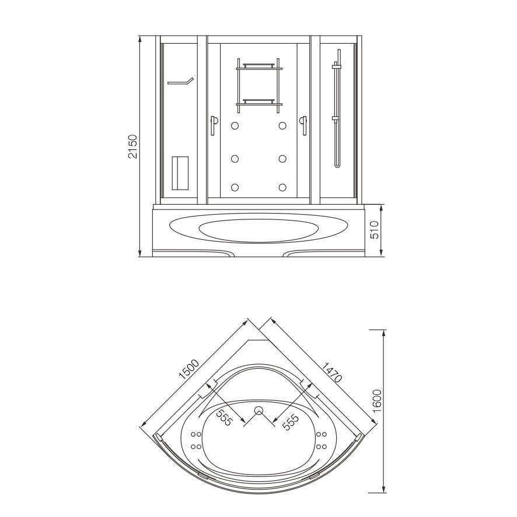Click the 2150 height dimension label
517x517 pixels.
pyautogui.click(x=132, y=146)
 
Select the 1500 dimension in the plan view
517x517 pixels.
pyautogui.click(x=189, y=369)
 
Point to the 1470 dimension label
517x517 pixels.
pyautogui.click(x=331, y=372)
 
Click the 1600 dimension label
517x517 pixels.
pyautogui.click(x=376, y=401)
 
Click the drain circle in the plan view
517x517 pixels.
pyautogui.click(x=258, y=410)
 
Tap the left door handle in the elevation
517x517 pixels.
pyautogui.click(x=214, y=125)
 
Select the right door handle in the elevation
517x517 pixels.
pyautogui.click(x=303, y=125)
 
